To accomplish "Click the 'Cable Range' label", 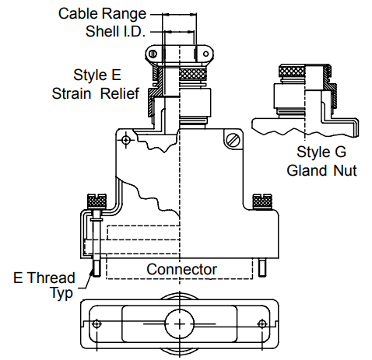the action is click(102, 14).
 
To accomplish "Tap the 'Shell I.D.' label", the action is click(115, 32).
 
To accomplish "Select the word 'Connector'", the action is click(181, 269).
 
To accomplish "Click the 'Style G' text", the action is click(321, 152).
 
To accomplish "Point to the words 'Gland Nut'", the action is click(321, 170).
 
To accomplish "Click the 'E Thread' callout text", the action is click(44, 278).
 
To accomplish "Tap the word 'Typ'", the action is click(61, 294).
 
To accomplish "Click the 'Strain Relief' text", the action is click(96, 93).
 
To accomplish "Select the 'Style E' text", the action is click(97, 75).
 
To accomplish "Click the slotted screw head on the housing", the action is click(232, 141).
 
